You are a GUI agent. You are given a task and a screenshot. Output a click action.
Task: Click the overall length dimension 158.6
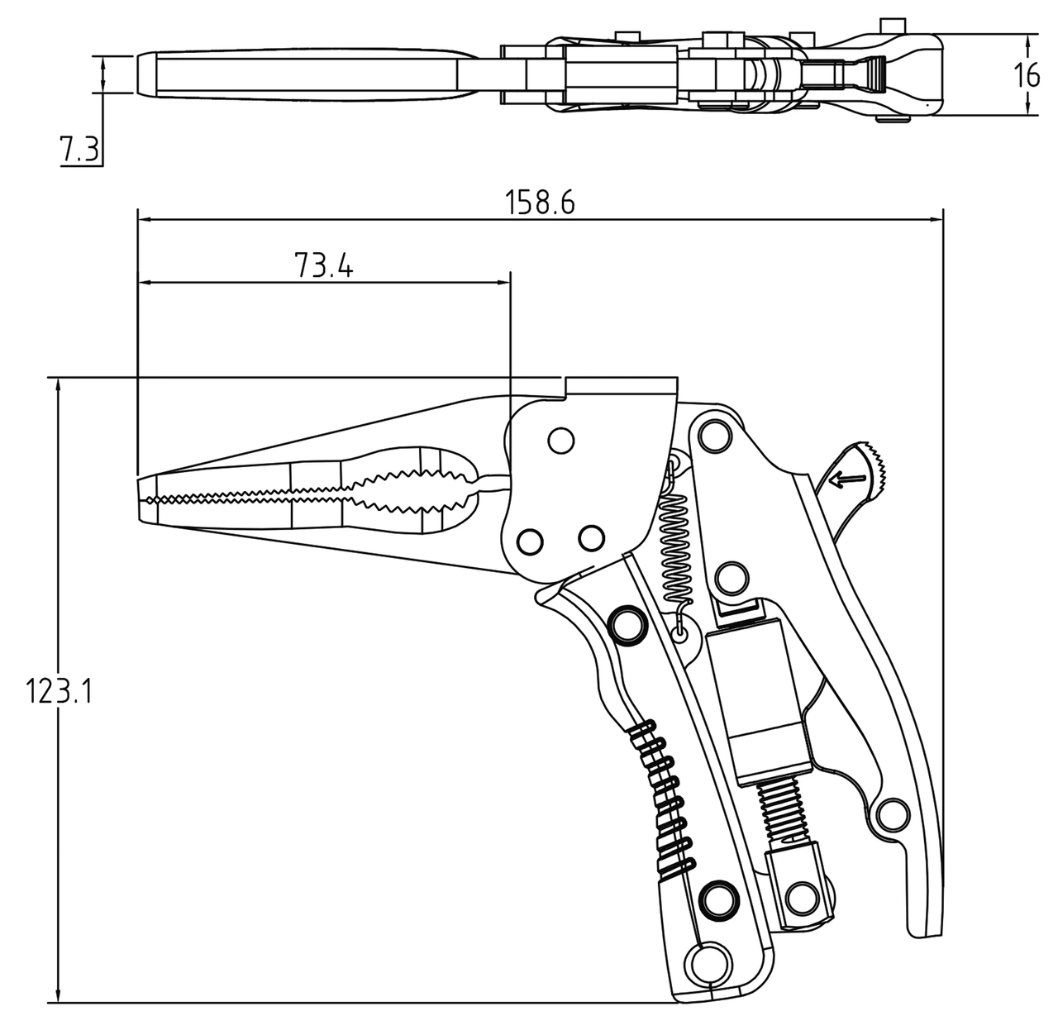coord(539,201)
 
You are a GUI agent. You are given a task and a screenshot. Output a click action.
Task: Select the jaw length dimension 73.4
coord(323,265)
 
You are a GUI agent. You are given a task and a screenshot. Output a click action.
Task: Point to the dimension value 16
coord(1027,74)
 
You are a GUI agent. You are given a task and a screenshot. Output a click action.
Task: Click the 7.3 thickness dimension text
coord(79,150)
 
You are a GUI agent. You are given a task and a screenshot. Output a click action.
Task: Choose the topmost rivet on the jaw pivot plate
coord(561,440)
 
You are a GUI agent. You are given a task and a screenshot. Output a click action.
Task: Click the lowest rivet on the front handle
coord(708,961)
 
